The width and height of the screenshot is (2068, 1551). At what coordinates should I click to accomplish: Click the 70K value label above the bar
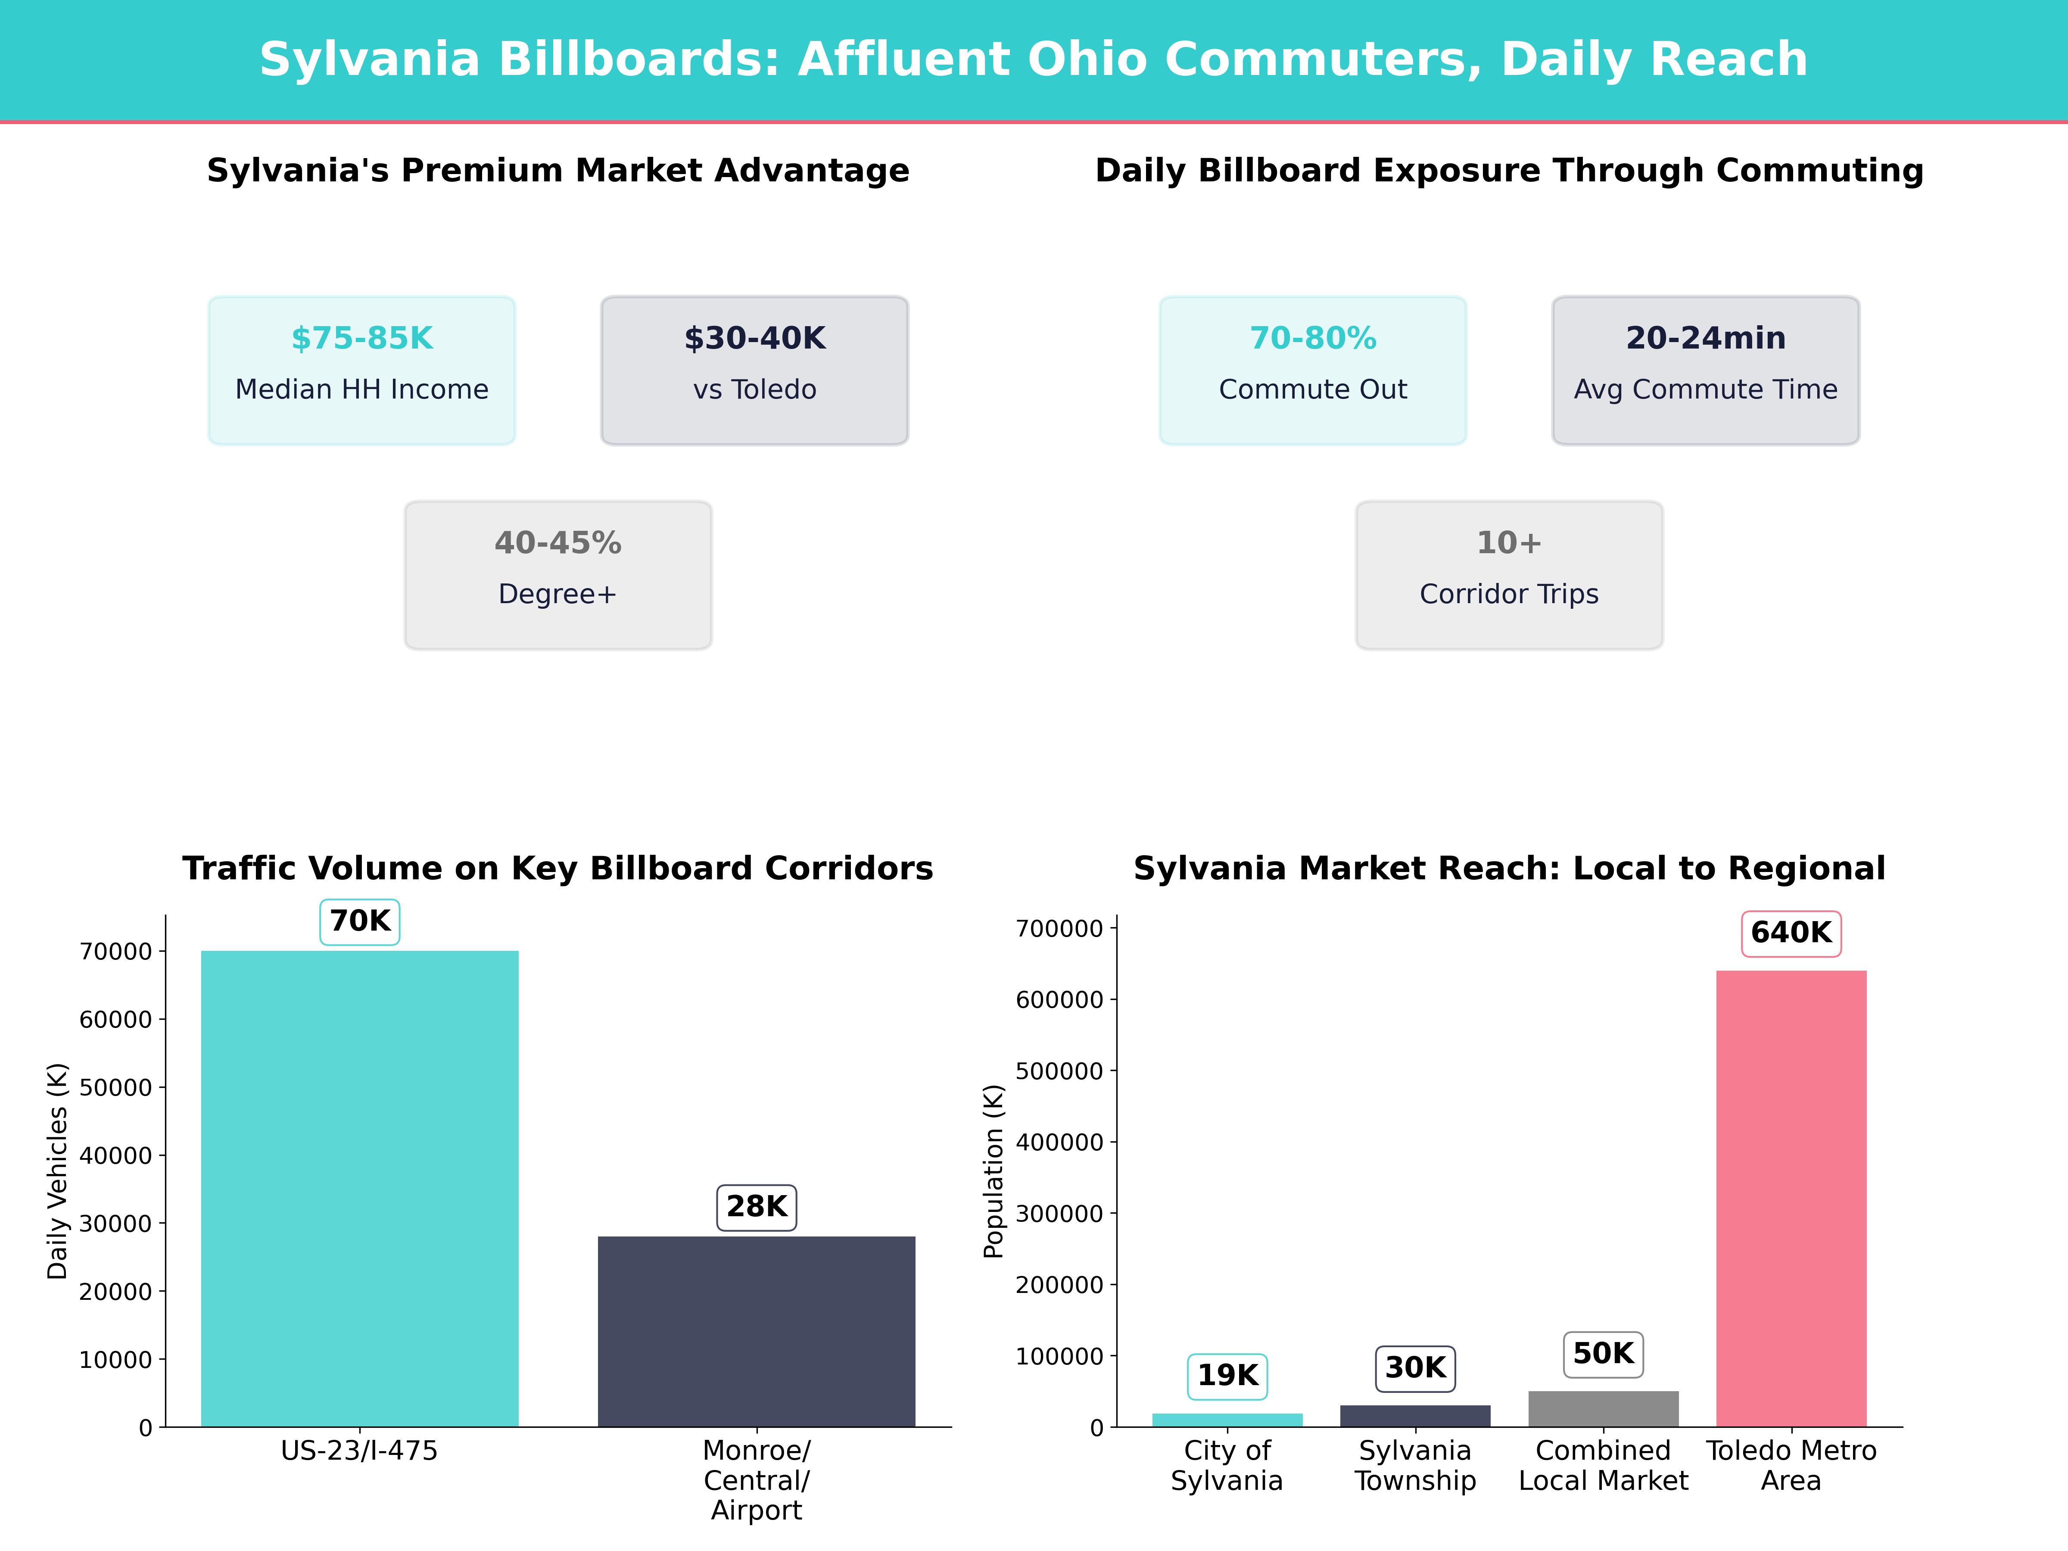pyautogui.click(x=360, y=921)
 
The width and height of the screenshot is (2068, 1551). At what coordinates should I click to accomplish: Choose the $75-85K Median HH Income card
pyautogui.click(x=362, y=370)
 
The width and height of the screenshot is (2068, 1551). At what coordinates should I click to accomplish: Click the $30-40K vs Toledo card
pyautogui.click(x=754, y=370)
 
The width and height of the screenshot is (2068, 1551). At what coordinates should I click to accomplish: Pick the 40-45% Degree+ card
pyautogui.click(x=558, y=575)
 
